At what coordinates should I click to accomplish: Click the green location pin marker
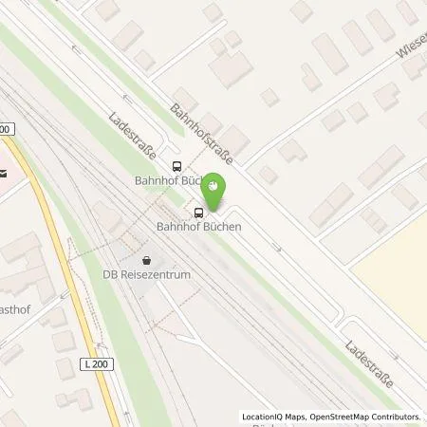tap(216, 193)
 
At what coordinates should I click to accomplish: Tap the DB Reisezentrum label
tap(147, 274)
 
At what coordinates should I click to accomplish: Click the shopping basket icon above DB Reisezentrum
tap(146, 259)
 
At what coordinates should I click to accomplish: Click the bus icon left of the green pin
tap(198, 212)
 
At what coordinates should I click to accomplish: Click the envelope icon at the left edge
tap(4, 174)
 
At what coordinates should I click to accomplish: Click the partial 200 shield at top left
tap(6, 129)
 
